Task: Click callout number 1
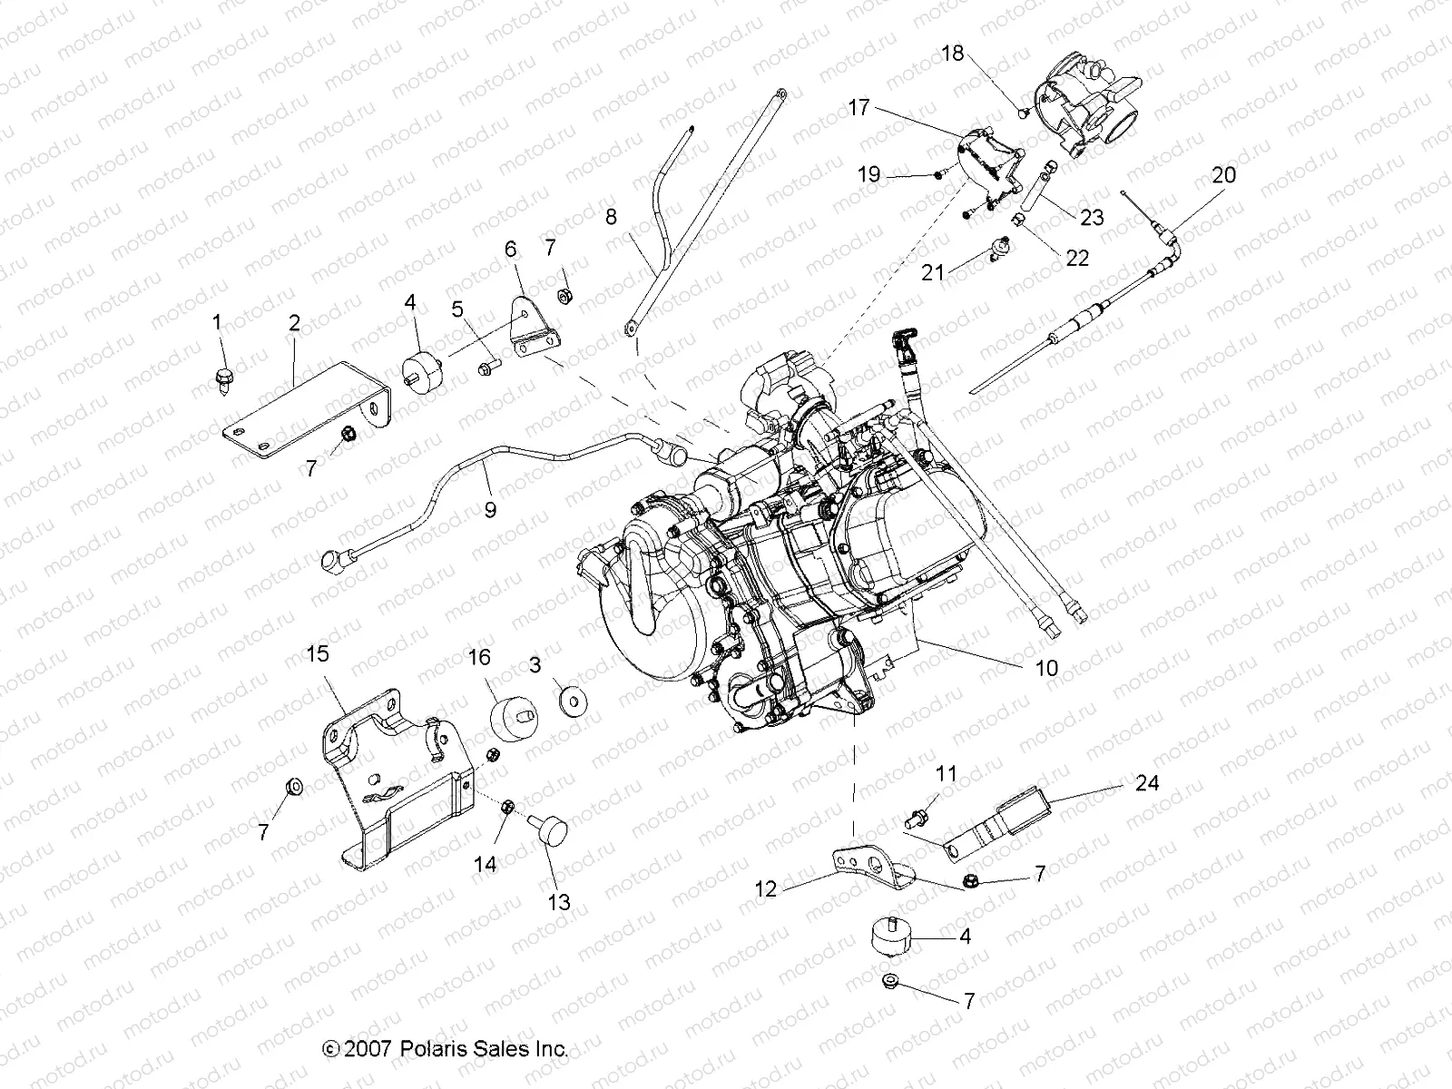(217, 321)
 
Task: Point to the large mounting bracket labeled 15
(390, 780)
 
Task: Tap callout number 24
(1147, 782)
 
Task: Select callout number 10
(1046, 669)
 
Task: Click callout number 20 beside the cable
(1224, 174)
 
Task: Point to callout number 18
(953, 54)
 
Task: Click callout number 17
(858, 108)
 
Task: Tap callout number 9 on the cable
(490, 509)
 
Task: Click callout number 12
(767, 888)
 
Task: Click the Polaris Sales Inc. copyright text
(445, 1049)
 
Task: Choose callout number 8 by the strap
(636, 216)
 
